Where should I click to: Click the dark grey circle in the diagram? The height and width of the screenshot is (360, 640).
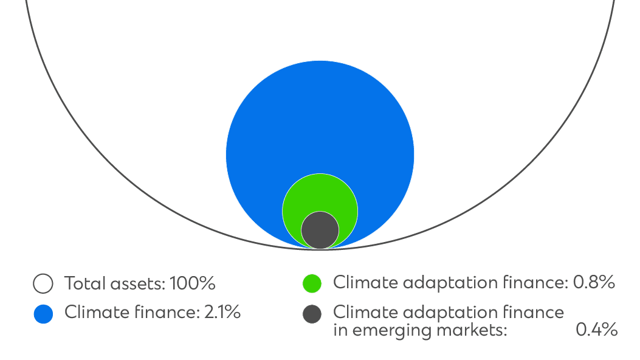coord(320,230)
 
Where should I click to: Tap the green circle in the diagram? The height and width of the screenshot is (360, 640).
coord(320,192)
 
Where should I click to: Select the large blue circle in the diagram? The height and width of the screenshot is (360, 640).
coord(320,122)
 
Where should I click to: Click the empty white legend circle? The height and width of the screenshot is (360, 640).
coord(43,283)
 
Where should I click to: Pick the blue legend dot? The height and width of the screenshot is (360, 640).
coord(43,314)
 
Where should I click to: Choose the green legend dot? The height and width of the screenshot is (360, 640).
coord(312,283)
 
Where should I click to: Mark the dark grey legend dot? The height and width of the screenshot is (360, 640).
coord(312,314)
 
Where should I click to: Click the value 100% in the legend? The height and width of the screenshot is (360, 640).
coord(192,283)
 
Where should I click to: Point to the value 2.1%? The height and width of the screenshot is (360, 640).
coord(222,312)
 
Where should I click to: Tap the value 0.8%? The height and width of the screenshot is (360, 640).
coord(594,282)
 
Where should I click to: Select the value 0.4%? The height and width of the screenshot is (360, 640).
coord(596,330)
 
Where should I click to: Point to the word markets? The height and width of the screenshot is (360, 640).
coord(470,330)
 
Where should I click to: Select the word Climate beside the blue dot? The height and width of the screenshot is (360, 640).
coord(97,312)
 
